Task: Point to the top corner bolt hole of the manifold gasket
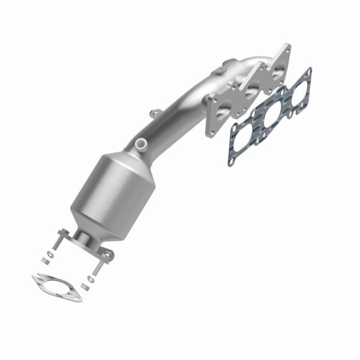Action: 308,73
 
